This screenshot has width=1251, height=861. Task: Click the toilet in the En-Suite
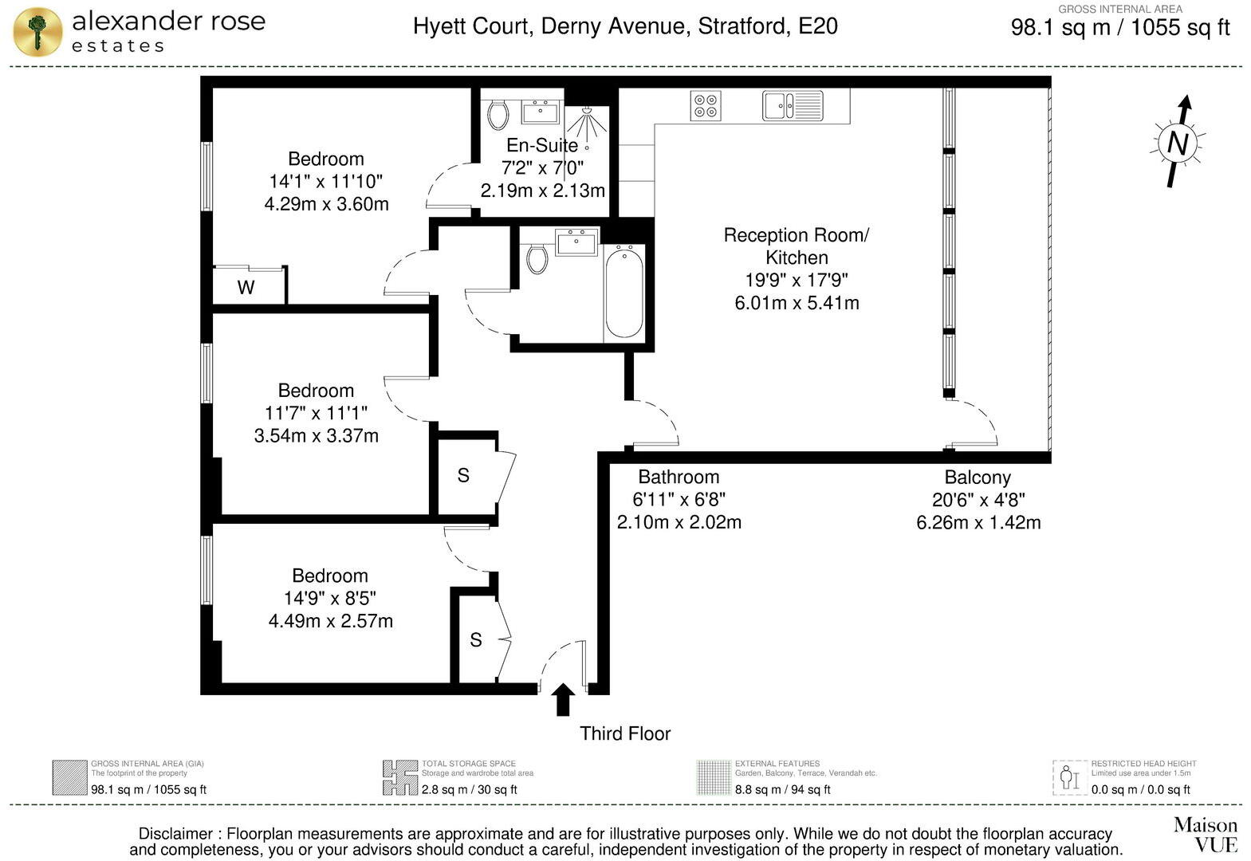pyautogui.click(x=498, y=115)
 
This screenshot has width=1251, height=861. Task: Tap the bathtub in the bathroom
pyautogui.click(x=624, y=293)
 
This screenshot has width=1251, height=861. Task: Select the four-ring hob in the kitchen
pyautogui.click(x=706, y=106)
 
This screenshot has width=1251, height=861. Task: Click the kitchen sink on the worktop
pyautogui.click(x=792, y=105)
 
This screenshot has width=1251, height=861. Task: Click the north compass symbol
pyautogui.click(x=1178, y=143)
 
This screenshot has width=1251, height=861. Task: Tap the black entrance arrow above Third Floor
pyautogui.click(x=563, y=699)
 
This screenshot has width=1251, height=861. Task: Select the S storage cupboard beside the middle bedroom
pyautogui.click(x=464, y=475)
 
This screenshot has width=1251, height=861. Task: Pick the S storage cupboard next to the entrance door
pyautogui.click(x=476, y=639)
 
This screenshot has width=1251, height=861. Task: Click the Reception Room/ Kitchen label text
pyautogui.click(x=797, y=246)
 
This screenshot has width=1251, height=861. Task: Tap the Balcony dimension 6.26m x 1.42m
pyautogui.click(x=978, y=523)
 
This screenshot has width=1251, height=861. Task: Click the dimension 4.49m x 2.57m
pyautogui.click(x=330, y=620)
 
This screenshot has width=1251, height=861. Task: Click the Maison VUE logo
pyautogui.click(x=1205, y=834)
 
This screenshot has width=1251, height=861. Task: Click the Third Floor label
pyautogui.click(x=625, y=733)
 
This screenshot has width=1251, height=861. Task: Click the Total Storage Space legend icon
pyautogui.click(x=399, y=777)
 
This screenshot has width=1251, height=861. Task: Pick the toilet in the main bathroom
pyautogui.click(x=537, y=258)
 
